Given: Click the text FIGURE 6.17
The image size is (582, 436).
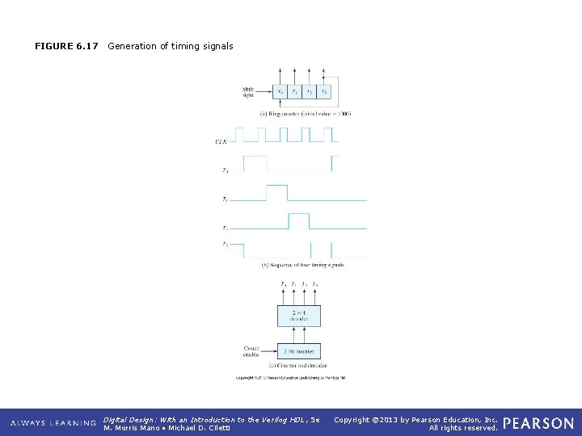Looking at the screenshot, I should click(x=66, y=46).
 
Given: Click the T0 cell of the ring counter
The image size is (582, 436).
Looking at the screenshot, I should click(x=280, y=91).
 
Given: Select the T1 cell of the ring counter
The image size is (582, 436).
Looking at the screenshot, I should click(x=295, y=91).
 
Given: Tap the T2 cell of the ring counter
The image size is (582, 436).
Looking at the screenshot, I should click(x=310, y=91).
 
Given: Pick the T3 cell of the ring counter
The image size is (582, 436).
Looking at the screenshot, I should click(x=323, y=91).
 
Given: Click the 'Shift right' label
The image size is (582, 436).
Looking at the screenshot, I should click(x=248, y=91).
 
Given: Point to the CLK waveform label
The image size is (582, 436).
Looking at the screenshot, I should click(x=221, y=141).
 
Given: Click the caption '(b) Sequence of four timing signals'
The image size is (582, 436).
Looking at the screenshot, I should click(x=303, y=264).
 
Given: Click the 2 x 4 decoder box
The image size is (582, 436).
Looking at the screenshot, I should click(x=298, y=315).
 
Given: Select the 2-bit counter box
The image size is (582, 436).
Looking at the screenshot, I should click(x=298, y=351).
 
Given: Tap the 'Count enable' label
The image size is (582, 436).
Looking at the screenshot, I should click(x=252, y=351).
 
